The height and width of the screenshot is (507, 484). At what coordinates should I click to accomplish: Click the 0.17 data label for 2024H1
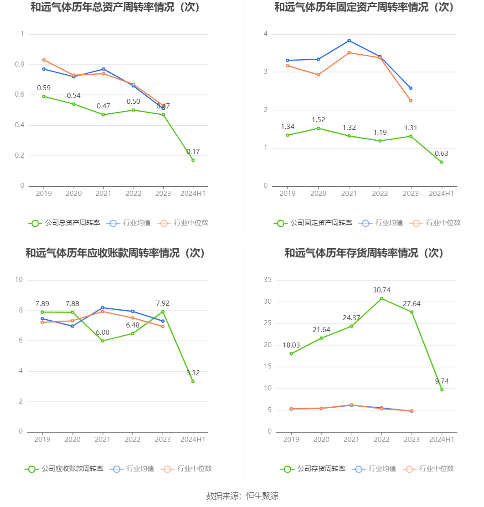click(193, 152)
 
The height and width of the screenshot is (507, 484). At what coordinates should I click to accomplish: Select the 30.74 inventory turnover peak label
click(381, 290)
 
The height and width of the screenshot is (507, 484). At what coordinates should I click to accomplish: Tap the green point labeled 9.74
click(442, 389)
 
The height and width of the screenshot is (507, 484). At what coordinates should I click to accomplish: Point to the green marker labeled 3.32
click(193, 381)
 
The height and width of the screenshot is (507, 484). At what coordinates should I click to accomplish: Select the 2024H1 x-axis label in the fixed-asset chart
click(442, 194)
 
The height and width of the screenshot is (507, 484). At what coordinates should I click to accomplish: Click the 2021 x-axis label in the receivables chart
click(103, 440)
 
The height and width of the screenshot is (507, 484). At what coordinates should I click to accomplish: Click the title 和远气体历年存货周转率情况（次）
click(364, 253)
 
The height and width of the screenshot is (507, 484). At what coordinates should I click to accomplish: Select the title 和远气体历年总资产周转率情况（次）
click(115, 7)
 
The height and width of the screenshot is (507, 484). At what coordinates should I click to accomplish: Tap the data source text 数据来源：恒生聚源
click(242, 496)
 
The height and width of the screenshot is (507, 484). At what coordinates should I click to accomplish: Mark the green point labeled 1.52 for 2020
click(318, 128)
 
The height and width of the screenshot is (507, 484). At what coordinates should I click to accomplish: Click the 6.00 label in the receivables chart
click(103, 333)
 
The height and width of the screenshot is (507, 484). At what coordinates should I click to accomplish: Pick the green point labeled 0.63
click(441, 162)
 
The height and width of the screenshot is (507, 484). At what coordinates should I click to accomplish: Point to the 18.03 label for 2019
click(291, 345)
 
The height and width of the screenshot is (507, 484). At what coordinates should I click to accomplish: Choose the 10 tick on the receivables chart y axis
click(19, 280)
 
